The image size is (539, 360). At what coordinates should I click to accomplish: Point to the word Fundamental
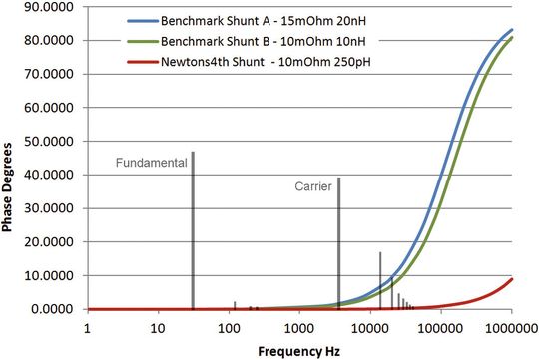(152, 162)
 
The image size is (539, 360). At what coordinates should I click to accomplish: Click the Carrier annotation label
(313, 185)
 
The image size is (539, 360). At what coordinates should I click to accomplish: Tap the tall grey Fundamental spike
(193, 229)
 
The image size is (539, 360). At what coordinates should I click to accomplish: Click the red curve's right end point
(512, 278)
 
